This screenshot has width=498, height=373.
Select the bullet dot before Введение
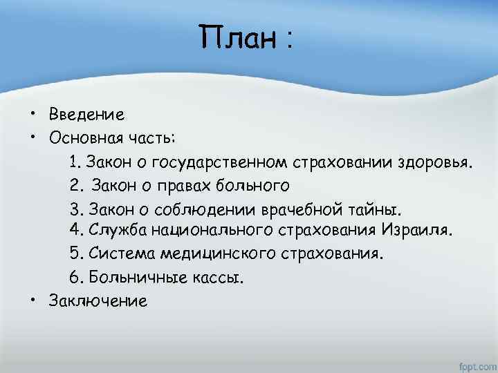33,113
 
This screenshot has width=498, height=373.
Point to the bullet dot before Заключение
33,300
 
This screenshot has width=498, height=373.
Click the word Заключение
98,300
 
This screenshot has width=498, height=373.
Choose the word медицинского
218,254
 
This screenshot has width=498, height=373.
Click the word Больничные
133,277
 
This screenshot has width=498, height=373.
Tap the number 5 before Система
74,254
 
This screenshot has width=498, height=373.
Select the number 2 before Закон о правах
75,185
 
